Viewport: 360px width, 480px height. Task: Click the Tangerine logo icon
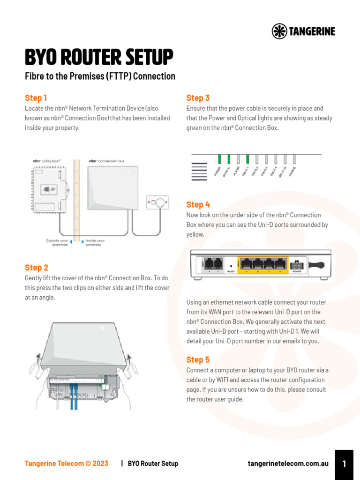coord(280,31)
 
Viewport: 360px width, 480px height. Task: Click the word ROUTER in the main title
coord(99,58)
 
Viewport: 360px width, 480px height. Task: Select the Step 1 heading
coord(36,98)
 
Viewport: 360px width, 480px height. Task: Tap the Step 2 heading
coord(37,268)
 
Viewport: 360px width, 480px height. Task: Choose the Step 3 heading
coord(198,98)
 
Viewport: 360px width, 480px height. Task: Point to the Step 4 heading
coord(198,204)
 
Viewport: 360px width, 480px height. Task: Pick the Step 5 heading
coord(198,360)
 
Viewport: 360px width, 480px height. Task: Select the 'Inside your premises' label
coord(95,242)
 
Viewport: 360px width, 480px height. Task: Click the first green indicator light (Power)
coord(219,159)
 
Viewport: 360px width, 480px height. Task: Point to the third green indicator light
coord(247,159)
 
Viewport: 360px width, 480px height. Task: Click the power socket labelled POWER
coord(297,265)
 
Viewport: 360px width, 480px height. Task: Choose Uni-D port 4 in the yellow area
coord(280,264)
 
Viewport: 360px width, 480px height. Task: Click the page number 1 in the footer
coord(344,464)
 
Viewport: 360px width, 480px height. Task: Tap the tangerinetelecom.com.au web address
coord(288,464)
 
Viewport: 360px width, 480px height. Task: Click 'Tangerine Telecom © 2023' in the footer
coord(66,464)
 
